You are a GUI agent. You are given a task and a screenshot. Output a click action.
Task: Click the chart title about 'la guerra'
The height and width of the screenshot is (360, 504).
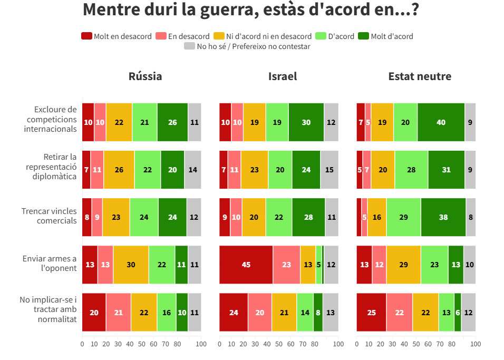coord(251,9)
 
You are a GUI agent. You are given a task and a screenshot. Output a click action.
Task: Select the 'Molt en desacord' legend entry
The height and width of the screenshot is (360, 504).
coord(116,36)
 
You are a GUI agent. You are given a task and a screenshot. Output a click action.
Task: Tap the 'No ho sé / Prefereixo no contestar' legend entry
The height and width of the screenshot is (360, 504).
coord(247,46)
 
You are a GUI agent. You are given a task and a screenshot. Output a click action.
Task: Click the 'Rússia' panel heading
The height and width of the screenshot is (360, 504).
coord(145,76)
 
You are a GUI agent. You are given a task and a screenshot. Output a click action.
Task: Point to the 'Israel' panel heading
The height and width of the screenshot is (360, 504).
coord(283,76)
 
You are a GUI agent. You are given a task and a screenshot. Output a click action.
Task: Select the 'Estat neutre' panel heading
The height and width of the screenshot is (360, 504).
coord(420,76)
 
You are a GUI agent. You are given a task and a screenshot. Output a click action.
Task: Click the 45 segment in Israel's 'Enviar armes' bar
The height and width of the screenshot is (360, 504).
coord(246,265)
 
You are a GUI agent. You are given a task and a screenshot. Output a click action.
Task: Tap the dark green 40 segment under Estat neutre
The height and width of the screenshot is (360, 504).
coord(441,122)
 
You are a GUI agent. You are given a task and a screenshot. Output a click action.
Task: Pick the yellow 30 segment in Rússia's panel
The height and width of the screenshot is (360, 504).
coord(131,265)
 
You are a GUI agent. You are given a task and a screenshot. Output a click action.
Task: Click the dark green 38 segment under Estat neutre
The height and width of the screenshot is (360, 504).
coord(443,217)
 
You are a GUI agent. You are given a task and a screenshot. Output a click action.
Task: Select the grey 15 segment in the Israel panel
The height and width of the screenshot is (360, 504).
coord(329,170)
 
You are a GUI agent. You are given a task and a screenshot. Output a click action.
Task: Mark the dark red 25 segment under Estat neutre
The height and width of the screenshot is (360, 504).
coord(371,312)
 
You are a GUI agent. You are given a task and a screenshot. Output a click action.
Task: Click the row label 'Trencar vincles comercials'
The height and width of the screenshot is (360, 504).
coord(49,216)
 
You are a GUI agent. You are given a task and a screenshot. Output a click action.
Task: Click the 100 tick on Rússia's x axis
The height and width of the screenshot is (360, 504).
coord(201,344)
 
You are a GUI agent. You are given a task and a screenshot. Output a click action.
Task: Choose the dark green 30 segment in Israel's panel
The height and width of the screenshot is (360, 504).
coord(306,122)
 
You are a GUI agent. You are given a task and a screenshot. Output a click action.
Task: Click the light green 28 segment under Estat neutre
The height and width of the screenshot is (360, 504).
coord(411,170)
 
